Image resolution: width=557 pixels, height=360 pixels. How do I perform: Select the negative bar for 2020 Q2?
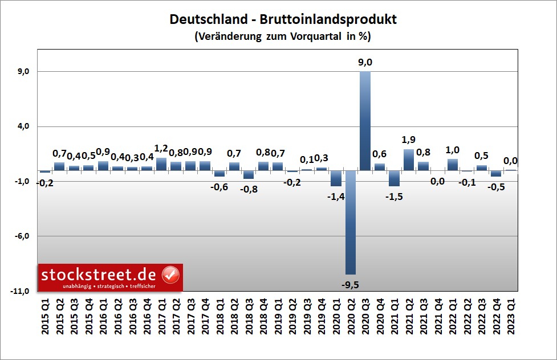point(350,222)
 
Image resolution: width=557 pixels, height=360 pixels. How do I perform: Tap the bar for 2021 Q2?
point(408,160)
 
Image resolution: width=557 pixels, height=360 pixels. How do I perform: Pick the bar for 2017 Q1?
point(161,164)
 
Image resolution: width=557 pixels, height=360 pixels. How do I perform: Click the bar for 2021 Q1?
point(394,178)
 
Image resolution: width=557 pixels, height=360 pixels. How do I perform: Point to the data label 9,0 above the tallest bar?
point(364,63)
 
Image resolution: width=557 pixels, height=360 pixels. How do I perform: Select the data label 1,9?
point(408,140)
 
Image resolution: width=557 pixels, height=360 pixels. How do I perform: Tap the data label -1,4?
point(336,197)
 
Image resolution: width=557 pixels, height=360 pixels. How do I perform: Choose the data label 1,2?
point(161,149)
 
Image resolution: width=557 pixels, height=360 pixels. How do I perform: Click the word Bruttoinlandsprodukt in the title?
point(328,19)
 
